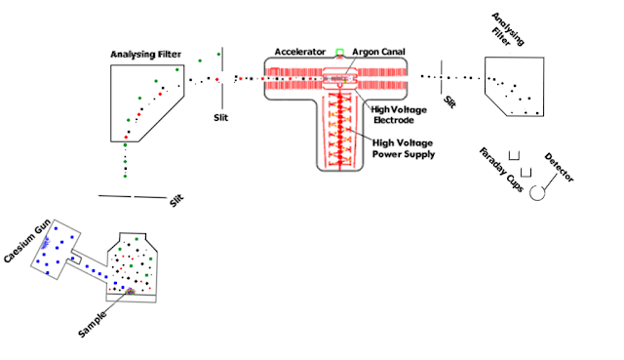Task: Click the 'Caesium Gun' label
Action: pos(27,241)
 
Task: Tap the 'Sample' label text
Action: pos(93,324)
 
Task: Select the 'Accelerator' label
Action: pos(300,52)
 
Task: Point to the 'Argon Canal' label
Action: pos(378,52)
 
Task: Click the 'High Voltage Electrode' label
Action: pos(399,115)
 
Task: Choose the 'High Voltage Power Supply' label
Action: pos(403,148)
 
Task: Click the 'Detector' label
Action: pos(559,168)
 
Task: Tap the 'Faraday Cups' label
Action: pos(501,170)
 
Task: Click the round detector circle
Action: pos(537,193)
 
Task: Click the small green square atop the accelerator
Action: pos(339,52)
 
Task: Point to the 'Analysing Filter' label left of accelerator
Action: pos(145,55)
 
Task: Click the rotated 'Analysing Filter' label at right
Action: pos(507,29)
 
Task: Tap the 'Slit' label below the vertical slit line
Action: pos(221,118)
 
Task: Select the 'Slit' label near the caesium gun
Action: pos(176,200)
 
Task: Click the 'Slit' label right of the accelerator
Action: pos(449,101)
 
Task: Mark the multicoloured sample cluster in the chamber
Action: pos(130,292)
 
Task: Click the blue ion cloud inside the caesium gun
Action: pos(45,241)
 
